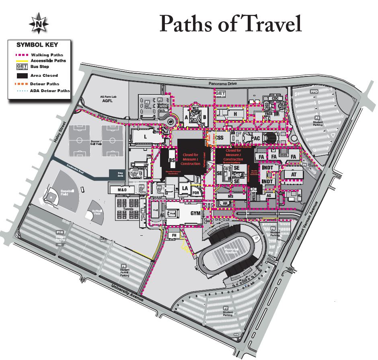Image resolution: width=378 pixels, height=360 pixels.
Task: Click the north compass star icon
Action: pyautogui.click(x=39, y=24)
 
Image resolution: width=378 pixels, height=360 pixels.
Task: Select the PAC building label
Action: pyautogui.click(x=255, y=139)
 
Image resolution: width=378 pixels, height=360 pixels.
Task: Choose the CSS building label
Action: pyautogui.click(x=220, y=138)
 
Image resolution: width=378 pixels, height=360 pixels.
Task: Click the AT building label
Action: pyautogui.click(x=294, y=175)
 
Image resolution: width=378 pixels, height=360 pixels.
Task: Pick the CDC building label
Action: pyautogui.click(x=275, y=98)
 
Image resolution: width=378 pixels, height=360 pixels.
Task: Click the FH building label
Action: pyautogui.click(x=174, y=235)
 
